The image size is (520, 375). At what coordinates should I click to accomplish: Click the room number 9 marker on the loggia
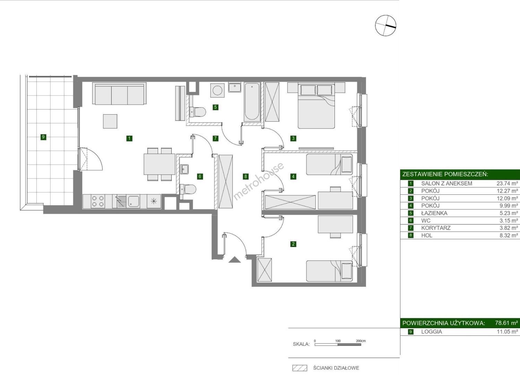(x=43, y=137)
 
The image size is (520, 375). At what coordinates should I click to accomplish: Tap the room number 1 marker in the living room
(x=129, y=139)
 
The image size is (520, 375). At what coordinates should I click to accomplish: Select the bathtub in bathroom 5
(x=252, y=102)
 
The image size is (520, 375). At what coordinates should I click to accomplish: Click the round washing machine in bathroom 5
(x=217, y=90)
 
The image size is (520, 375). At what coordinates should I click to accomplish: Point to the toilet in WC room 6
(x=188, y=190)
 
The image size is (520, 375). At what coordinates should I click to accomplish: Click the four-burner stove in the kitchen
(x=98, y=201)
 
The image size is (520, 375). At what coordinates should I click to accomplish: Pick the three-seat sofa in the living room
(x=119, y=94)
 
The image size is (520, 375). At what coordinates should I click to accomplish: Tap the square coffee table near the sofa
(x=110, y=121)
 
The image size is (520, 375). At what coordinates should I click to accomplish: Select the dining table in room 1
(x=159, y=164)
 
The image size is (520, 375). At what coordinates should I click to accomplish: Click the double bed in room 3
(x=316, y=106)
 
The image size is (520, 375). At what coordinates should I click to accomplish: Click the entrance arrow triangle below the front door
(x=234, y=259)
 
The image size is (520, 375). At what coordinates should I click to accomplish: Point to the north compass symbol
(x=385, y=26)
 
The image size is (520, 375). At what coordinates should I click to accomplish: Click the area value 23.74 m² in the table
(x=507, y=183)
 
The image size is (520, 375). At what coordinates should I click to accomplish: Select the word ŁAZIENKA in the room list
(x=434, y=213)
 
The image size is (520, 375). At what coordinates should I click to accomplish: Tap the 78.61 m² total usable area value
(x=506, y=323)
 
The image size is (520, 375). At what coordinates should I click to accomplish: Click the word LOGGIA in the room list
(x=432, y=332)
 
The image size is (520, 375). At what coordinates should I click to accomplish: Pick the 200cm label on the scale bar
(x=361, y=341)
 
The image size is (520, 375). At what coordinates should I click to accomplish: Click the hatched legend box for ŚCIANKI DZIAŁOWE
(x=300, y=368)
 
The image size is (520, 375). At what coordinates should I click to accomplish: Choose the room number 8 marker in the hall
(x=245, y=176)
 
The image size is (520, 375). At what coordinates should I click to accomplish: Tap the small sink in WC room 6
(x=185, y=169)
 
